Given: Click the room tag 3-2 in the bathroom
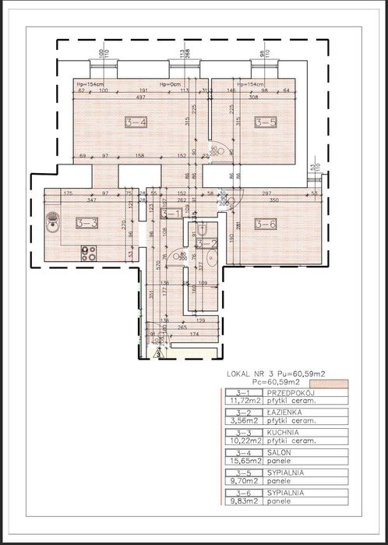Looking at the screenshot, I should point(207,244).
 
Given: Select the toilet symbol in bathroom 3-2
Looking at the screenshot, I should point(201,229).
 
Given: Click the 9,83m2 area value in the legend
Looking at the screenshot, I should point(242,512).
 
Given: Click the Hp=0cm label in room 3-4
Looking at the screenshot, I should point(171,83).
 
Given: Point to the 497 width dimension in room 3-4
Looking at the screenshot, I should point(138,97).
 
